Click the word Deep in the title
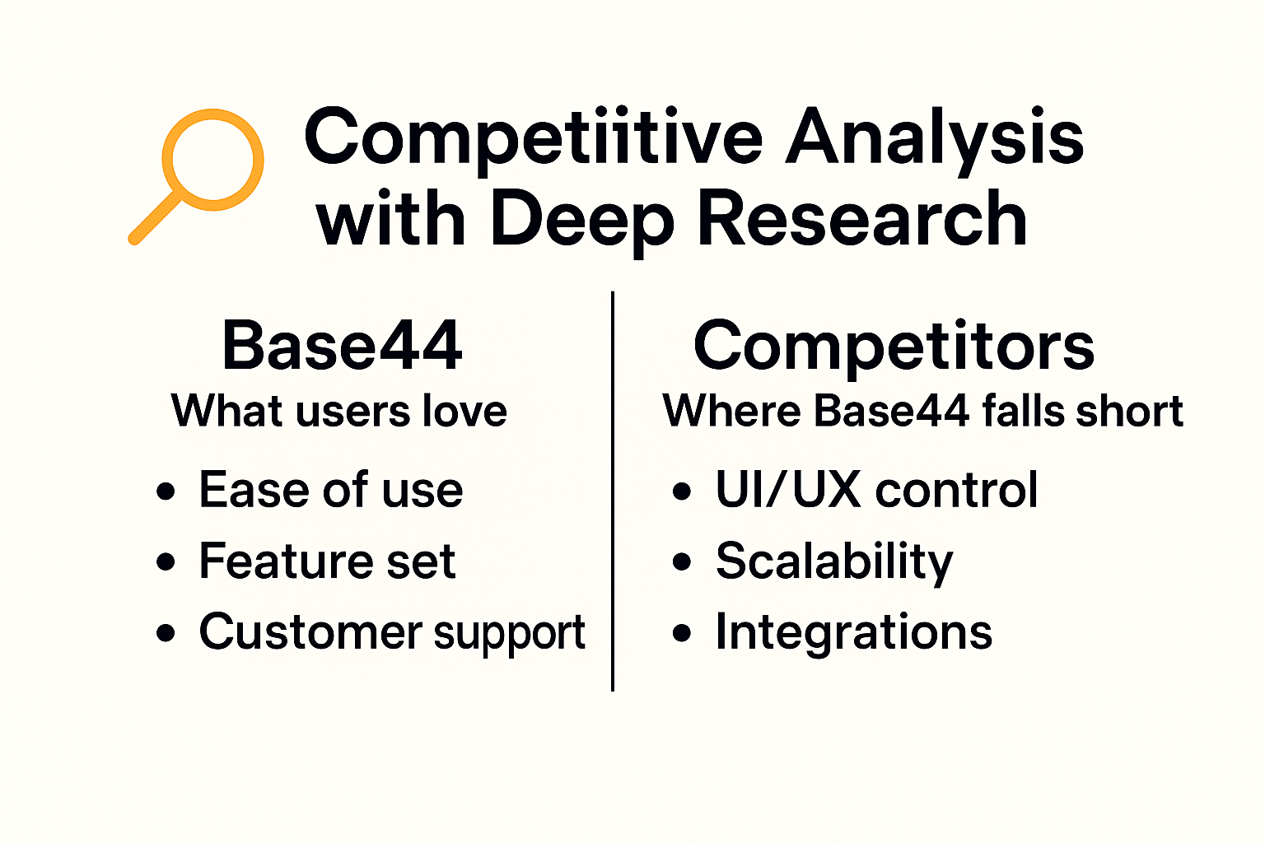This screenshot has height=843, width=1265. click(581, 221)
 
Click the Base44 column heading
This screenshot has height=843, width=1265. click(342, 346)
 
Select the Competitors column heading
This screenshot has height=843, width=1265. click(894, 346)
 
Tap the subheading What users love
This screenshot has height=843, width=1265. click(338, 410)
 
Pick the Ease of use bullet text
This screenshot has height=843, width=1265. click(330, 490)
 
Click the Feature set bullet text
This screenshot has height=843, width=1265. click(327, 561)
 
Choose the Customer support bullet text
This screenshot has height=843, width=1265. click(392, 633)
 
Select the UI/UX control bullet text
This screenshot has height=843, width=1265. click(876, 490)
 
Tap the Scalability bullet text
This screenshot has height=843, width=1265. click(833, 562)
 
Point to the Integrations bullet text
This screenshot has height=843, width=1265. click(853, 632)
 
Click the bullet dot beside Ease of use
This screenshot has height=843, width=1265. click(166, 491)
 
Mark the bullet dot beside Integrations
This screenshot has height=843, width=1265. click(682, 633)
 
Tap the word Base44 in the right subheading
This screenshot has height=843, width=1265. click(890, 410)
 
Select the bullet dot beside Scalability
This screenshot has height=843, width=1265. click(682, 562)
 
